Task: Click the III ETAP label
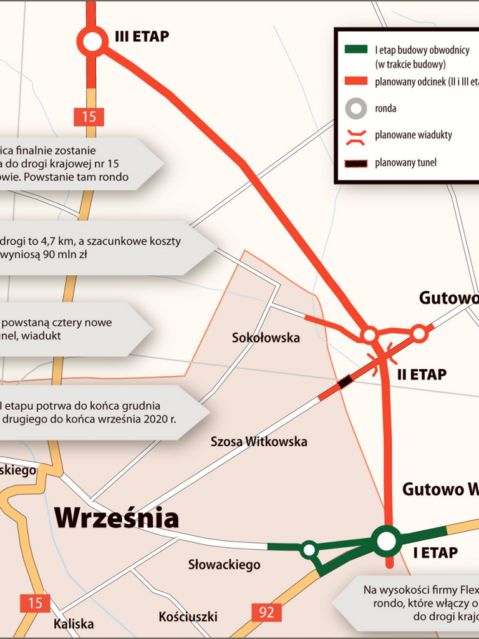142,37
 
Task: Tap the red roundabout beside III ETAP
92,42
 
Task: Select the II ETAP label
422,374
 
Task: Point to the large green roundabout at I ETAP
387,540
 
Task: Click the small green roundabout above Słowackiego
309,550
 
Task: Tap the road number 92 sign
266,612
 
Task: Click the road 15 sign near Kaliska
36,603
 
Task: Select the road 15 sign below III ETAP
89,117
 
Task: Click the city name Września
117,517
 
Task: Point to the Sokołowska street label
266,338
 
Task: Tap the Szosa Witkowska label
259,441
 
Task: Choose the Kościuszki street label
188,617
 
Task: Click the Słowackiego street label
224,565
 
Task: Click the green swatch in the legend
356,50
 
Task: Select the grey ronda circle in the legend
356,109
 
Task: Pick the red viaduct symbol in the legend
356,135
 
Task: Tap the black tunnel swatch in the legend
356,163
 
